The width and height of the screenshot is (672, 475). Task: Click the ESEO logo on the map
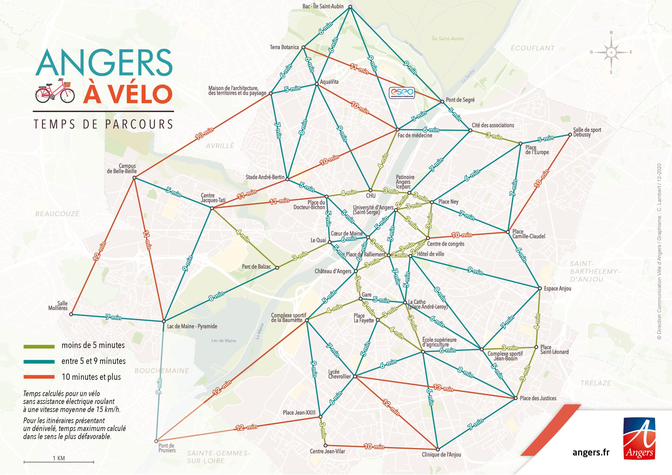(x=402, y=92)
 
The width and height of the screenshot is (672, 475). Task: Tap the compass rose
(x=611, y=52)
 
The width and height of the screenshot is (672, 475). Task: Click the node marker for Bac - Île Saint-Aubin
(x=350, y=7)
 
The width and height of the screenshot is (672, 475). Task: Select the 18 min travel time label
(x=204, y=134)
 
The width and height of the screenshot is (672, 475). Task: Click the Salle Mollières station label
(x=58, y=305)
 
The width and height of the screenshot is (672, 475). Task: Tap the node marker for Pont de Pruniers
(x=156, y=441)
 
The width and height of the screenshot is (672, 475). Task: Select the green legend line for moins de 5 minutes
(x=39, y=346)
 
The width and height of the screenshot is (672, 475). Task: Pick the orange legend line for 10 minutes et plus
(x=39, y=377)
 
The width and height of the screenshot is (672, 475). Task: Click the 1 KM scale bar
(x=59, y=462)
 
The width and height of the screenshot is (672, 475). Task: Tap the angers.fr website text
(x=591, y=452)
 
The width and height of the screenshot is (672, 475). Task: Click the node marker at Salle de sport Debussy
(x=570, y=135)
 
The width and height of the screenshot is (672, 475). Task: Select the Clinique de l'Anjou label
(x=441, y=455)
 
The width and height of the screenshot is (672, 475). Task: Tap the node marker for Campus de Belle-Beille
(x=134, y=178)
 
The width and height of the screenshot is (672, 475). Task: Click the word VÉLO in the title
(x=128, y=94)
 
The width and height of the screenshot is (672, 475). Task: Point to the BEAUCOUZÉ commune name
(x=57, y=214)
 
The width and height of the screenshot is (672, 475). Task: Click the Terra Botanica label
(x=284, y=47)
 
